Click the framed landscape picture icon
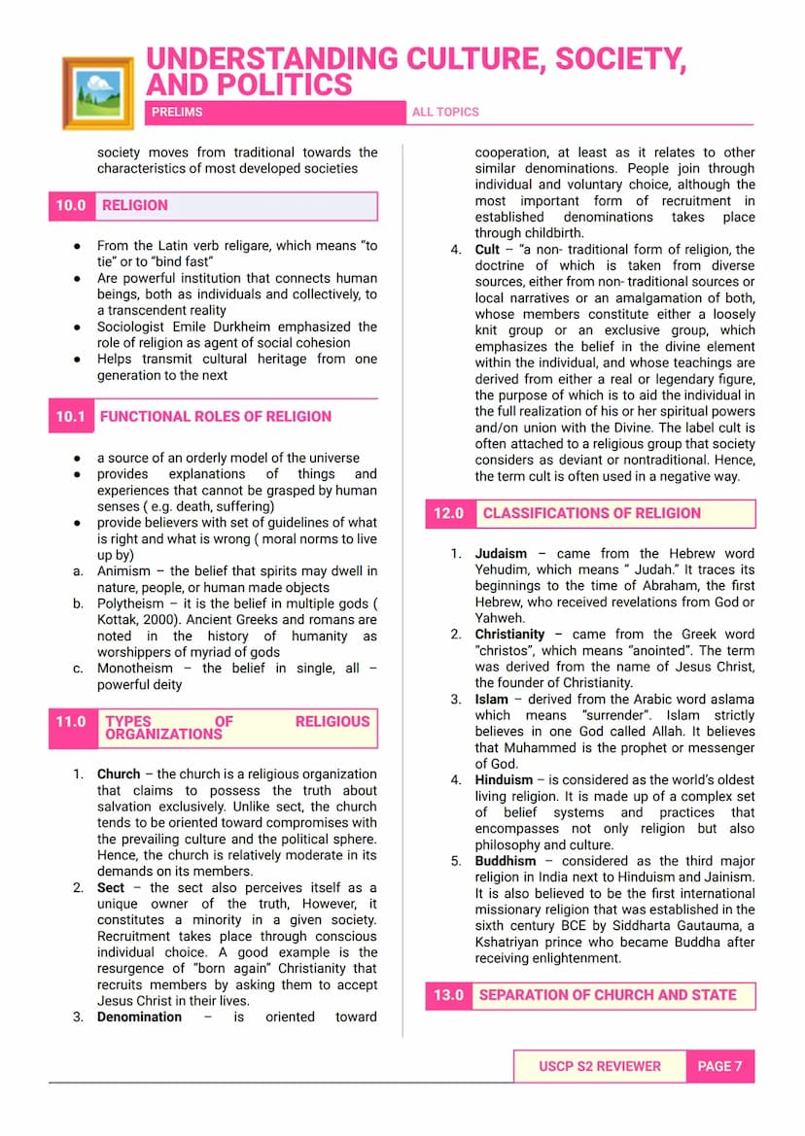(97, 92)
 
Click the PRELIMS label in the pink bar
(177, 112)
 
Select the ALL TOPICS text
(445, 112)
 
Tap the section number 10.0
(71, 205)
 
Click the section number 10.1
(71, 416)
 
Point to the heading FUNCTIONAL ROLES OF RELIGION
(216, 416)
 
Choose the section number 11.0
(71, 722)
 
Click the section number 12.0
(448, 513)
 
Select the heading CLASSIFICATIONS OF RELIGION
(591, 513)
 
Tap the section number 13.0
(448, 995)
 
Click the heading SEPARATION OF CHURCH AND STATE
(608, 995)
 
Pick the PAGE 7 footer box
(719, 1066)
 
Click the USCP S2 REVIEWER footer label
(599, 1066)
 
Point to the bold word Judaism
(501, 554)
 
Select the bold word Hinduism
(504, 780)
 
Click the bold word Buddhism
(505, 861)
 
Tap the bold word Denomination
(139, 1017)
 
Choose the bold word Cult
(487, 250)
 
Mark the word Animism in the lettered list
(123, 571)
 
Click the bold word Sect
(111, 888)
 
